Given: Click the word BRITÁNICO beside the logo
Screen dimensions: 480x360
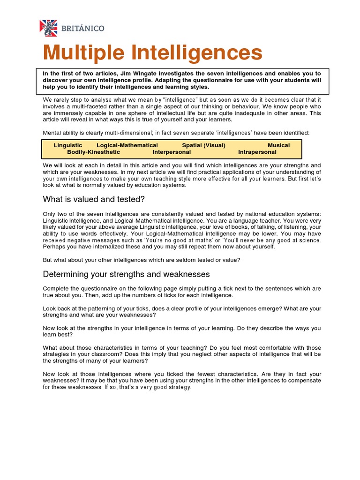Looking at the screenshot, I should [x=82, y=29].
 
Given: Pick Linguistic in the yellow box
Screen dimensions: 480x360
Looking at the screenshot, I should [x=68, y=145].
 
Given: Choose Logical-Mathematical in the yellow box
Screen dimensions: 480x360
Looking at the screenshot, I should [x=127, y=145].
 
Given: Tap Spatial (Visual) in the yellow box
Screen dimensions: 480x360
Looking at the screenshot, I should [x=203, y=145].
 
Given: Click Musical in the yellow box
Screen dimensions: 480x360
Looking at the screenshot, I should [x=278, y=145].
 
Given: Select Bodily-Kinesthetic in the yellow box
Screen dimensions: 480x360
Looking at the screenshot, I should [x=93, y=152].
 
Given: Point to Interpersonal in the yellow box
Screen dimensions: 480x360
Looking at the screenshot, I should [x=172, y=152].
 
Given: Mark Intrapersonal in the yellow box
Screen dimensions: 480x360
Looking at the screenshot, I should [x=257, y=152].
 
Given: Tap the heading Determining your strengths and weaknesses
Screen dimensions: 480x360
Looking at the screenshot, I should [x=126, y=274].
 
